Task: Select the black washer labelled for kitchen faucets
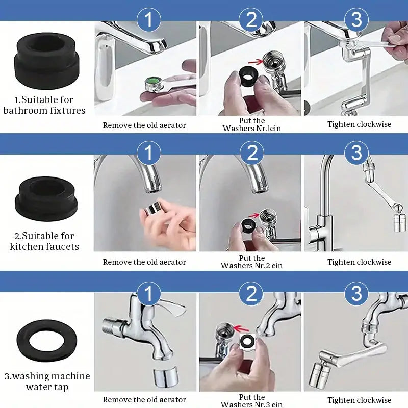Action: (47, 199)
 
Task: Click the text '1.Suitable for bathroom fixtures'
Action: (44, 105)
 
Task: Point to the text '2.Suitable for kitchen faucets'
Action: (44, 241)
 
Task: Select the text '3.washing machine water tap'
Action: (47, 381)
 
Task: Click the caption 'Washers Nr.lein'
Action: (251, 129)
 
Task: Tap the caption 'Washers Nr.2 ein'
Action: (251, 266)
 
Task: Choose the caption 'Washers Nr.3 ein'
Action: (251, 404)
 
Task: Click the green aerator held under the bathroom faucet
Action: (151, 83)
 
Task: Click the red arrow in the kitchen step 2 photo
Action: (252, 215)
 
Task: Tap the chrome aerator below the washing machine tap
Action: (164, 376)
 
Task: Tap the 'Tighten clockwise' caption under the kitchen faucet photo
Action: (359, 262)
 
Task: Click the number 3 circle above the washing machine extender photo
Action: (356, 294)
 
